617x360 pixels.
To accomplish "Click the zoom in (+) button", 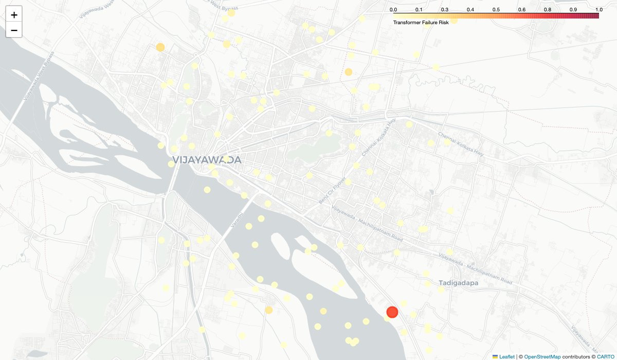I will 14,15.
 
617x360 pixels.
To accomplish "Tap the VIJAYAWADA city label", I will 207,160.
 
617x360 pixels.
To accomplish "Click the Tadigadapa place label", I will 459,283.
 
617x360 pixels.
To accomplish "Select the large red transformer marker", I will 392,312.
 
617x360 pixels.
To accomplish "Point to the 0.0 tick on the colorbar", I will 393,10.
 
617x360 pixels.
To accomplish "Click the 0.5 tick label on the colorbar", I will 496,10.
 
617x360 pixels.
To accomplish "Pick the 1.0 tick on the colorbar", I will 598,10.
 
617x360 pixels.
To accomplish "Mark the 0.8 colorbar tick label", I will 548,10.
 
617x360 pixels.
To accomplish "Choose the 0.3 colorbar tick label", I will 445,10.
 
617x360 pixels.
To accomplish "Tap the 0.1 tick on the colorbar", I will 419,10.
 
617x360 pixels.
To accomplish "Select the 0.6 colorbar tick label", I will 522,10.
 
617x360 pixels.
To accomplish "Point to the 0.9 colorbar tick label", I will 573,10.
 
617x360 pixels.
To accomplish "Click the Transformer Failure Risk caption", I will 421,23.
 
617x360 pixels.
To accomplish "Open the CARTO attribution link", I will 605,356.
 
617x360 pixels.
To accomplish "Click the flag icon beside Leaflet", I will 495,356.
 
